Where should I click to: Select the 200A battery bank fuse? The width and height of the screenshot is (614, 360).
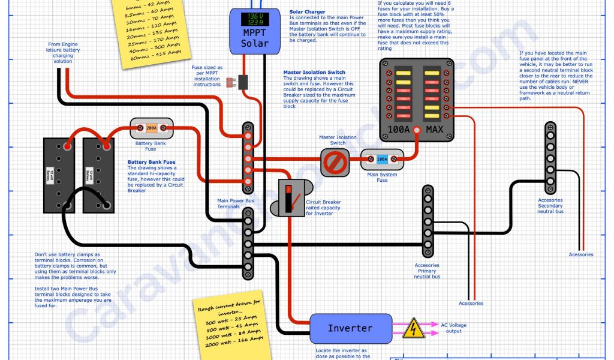(152, 127)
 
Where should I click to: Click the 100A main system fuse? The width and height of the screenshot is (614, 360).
(382, 160)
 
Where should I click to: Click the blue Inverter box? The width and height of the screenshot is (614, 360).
(350, 328)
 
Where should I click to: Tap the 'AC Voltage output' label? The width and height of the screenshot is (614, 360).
(454, 328)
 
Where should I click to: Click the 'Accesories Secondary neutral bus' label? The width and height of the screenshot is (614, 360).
(550, 206)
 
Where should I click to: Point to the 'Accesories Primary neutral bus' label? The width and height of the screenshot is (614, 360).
(427, 271)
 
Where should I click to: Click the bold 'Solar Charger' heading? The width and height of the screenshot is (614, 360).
(307, 12)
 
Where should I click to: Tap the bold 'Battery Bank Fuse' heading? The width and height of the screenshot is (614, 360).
(152, 162)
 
